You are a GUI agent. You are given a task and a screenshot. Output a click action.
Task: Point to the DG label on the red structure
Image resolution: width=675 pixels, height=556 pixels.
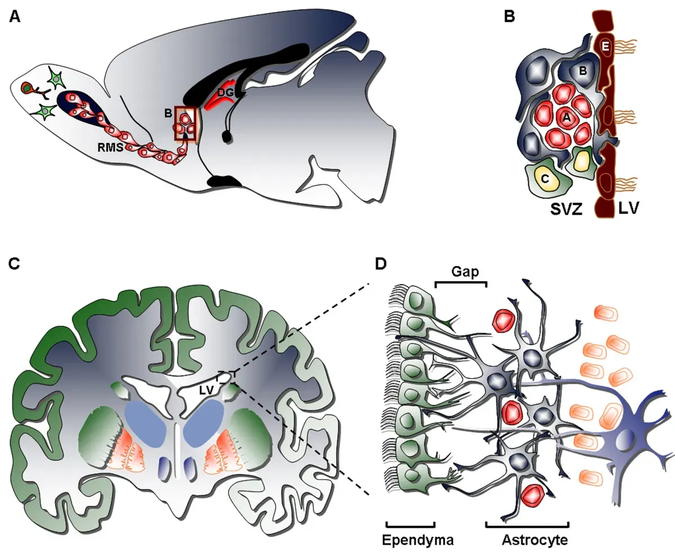(226, 92)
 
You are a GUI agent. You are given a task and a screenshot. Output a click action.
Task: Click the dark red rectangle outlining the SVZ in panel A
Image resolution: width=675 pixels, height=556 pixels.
(186, 123)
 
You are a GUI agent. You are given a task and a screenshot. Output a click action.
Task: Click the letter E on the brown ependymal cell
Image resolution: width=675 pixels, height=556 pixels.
(605, 48)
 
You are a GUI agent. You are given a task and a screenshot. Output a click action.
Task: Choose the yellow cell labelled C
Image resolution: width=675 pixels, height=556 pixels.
(544, 179)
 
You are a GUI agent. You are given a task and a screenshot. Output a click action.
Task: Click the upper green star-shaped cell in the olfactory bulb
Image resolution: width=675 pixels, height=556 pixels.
(56, 79)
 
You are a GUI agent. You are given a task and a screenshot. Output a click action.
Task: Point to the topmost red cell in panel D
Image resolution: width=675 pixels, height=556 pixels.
(504, 320)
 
